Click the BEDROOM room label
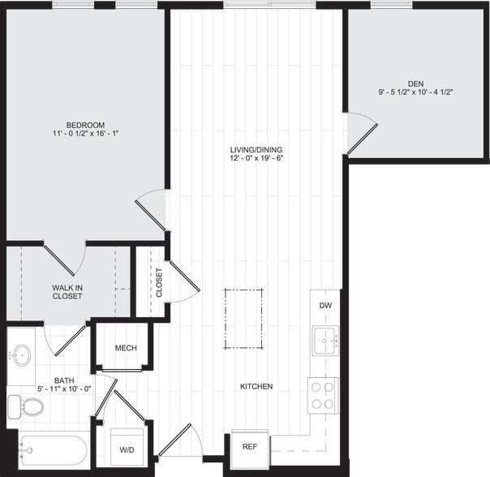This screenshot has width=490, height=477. pos(86,124)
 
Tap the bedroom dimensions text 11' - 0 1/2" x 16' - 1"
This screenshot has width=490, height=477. pos(86,133)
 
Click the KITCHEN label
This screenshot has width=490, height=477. pos(255,386)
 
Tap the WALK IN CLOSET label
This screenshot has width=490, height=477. pos(67,291)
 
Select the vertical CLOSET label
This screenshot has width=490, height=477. pos(159,283)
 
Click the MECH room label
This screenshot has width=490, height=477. pos(126,348)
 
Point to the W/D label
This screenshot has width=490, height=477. pos(128,449)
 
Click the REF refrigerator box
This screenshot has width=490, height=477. pos(249,446)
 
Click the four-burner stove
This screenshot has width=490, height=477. pos(322,395)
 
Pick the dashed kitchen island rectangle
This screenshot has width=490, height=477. pos(244,319)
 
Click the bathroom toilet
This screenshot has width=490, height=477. pos(26,406)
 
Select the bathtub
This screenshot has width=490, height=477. pos(52,450)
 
